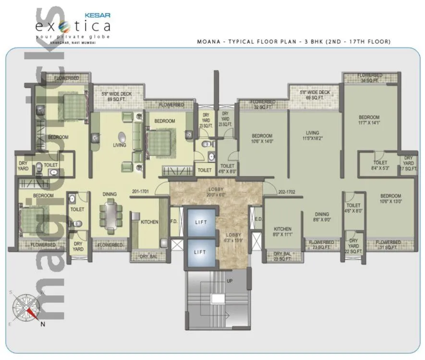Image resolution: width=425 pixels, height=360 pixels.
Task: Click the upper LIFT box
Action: tap(201, 222)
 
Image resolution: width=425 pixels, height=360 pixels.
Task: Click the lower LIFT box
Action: tap(201, 252)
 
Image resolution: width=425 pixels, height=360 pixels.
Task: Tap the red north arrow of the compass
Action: tap(33, 313)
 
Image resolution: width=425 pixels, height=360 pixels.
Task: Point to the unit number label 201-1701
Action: tap(140, 192)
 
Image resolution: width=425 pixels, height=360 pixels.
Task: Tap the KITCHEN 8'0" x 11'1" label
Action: tap(282, 232)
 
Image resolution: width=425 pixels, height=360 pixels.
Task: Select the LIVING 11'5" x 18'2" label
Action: tap(313, 135)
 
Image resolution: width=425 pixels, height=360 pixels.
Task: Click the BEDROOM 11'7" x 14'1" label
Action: tap(369, 120)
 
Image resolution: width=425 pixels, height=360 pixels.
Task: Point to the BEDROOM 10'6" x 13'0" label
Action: tap(390, 199)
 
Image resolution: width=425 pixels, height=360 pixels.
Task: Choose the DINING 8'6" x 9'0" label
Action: tap(322, 217)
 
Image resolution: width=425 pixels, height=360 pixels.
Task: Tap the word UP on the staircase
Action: tap(229, 281)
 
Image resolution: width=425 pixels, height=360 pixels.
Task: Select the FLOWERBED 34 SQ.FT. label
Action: tap(370, 78)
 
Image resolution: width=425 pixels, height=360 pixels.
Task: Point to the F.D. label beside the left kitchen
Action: tap(174, 222)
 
